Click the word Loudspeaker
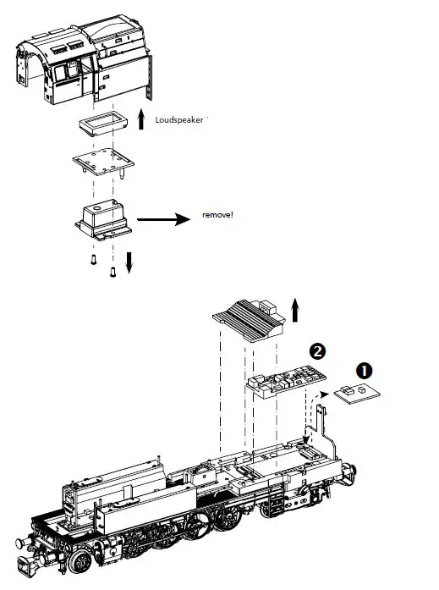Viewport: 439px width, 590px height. click(x=179, y=120)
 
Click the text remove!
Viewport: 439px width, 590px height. click(x=217, y=215)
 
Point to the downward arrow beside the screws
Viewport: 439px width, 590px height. click(x=129, y=262)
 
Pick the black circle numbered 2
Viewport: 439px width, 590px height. click(x=316, y=350)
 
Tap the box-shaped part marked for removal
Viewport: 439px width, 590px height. click(x=101, y=218)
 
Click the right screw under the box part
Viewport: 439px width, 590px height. click(x=112, y=270)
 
